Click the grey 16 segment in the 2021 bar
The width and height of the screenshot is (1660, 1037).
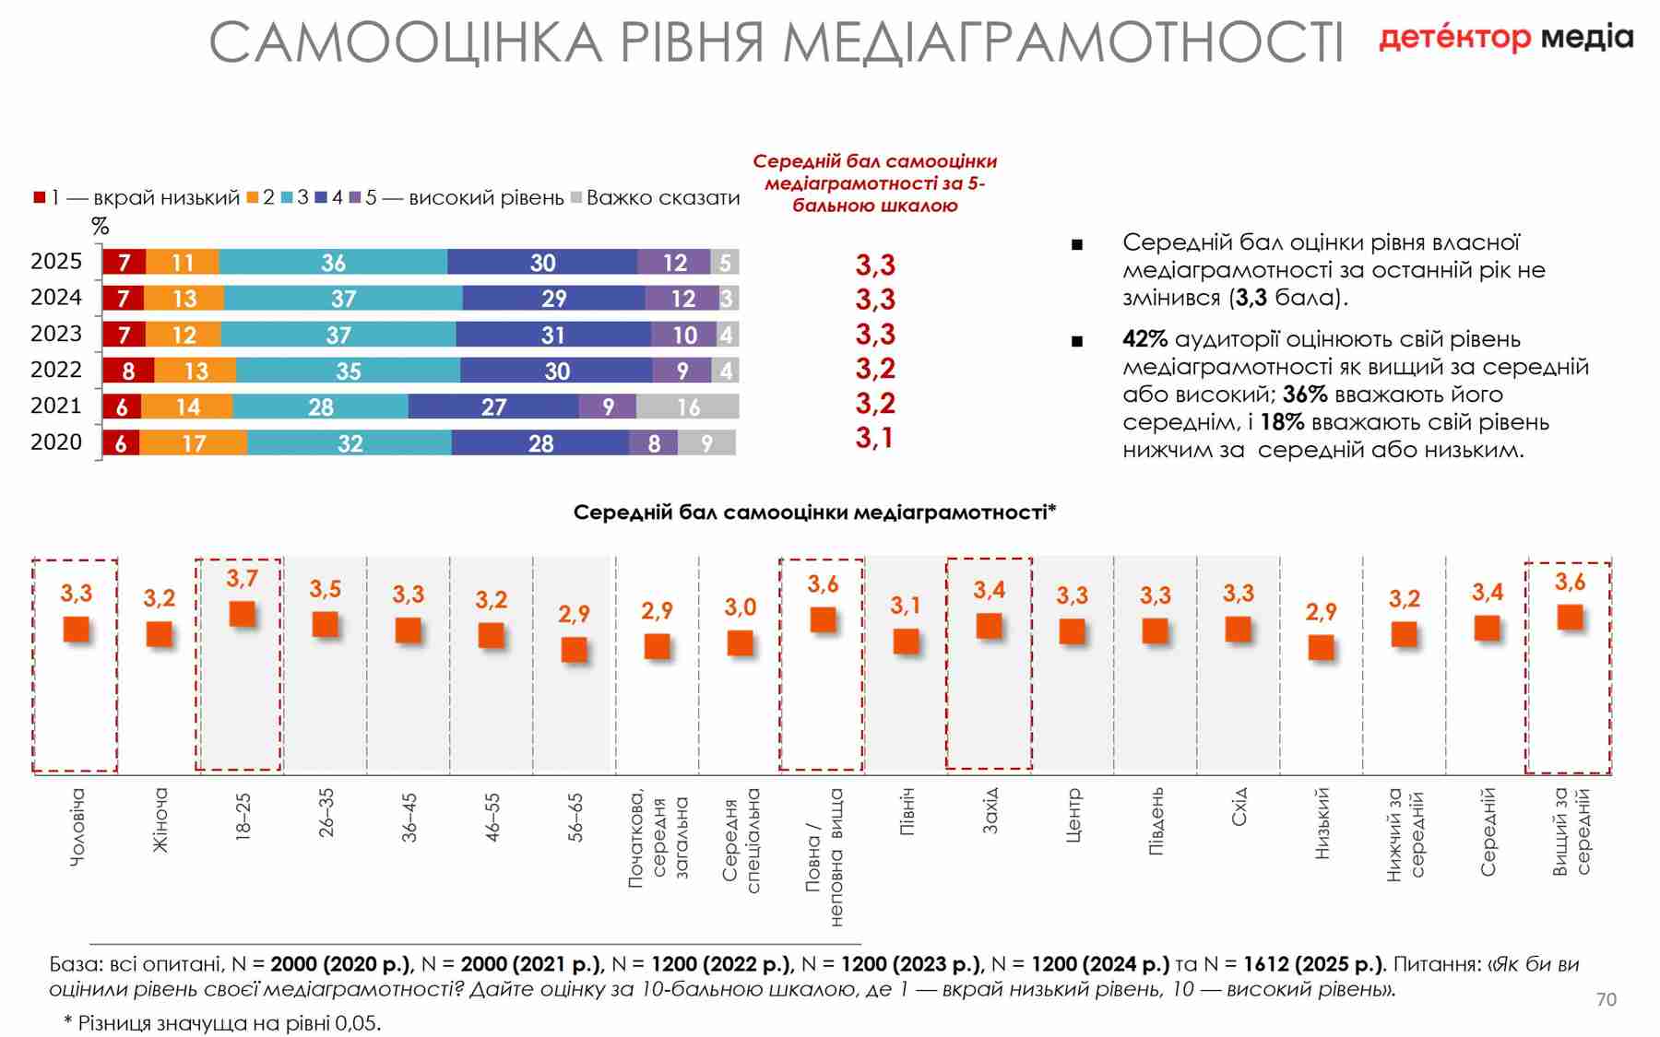pyautogui.click(x=688, y=407)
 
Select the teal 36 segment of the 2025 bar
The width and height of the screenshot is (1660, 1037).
pyautogui.click(x=333, y=262)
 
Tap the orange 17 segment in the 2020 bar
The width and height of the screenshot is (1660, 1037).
pyautogui.click(x=194, y=442)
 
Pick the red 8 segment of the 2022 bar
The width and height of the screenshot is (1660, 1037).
pyautogui.click(x=128, y=371)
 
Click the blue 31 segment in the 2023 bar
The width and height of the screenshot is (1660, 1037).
pyautogui.click(x=553, y=335)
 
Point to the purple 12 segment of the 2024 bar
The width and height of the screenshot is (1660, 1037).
pyautogui.click(x=682, y=299)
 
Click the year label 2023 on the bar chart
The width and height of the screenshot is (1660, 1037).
pyautogui.click(x=56, y=334)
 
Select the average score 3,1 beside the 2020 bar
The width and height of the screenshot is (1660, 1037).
pyautogui.click(x=874, y=438)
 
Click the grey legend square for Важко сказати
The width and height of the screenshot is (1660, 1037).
pyautogui.click(x=576, y=197)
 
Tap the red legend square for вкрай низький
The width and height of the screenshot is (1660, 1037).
pyautogui.click(x=40, y=197)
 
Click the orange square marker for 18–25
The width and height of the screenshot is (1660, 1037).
pyautogui.click(x=242, y=614)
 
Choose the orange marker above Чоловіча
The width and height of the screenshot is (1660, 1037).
pyautogui.click(x=77, y=630)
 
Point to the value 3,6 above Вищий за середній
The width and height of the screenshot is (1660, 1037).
pyautogui.click(x=1570, y=582)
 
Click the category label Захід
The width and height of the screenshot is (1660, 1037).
pyautogui.click(x=990, y=810)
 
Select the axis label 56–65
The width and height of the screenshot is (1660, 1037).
pyautogui.click(x=575, y=817)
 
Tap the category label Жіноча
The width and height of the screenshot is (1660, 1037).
pyautogui.click(x=160, y=819)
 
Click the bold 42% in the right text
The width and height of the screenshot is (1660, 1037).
pyautogui.click(x=1144, y=339)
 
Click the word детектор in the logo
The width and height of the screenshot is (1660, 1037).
pyautogui.click(x=1454, y=38)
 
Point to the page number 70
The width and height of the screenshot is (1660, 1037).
pyautogui.click(x=1606, y=999)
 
